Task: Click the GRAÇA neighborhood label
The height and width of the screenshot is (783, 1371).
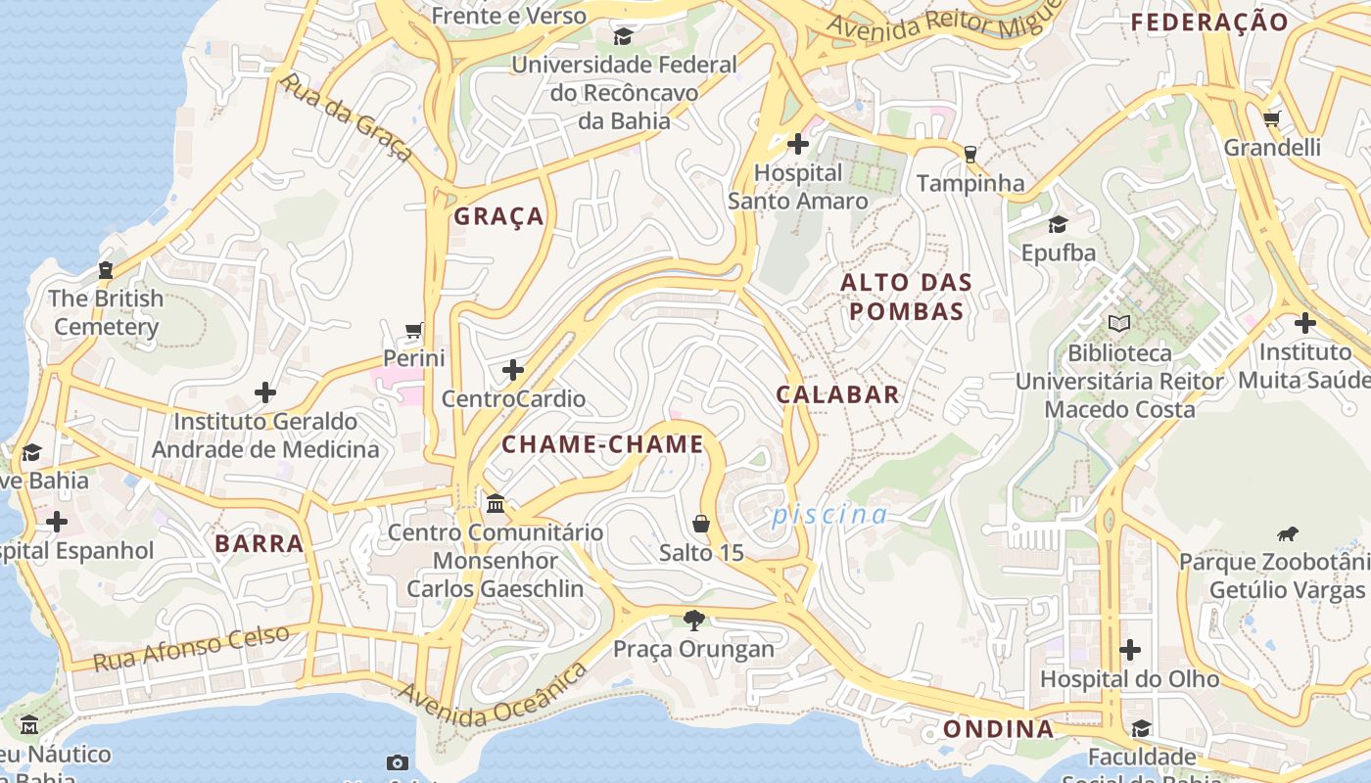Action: point(498,216)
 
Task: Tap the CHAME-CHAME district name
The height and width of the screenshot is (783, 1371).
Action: point(602,444)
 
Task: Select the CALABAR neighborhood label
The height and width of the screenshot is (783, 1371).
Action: point(837,394)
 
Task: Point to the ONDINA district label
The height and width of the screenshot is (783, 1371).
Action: point(998,729)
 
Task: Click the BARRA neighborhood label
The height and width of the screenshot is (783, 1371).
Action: point(259,543)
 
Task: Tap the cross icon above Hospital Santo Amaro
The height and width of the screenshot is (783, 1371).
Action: point(798,145)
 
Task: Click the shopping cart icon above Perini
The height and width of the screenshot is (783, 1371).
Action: point(414,331)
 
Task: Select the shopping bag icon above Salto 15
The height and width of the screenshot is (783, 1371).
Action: point(701,524)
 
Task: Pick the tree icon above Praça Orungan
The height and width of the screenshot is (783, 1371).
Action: point(694,620)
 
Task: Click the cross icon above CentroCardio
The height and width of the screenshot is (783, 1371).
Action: point(513,370)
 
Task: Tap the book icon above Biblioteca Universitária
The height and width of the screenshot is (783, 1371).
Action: point(1118,323)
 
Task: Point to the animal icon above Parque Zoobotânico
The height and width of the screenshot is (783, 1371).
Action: point(1287,533)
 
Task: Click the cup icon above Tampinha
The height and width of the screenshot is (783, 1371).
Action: point(969,155)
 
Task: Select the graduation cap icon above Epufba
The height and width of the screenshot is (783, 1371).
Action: point(1058,224)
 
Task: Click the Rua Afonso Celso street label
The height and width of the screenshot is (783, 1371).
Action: point(191,647)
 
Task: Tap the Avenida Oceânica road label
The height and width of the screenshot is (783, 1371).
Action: point(493,695)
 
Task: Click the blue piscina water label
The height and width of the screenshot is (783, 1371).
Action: point(830,515)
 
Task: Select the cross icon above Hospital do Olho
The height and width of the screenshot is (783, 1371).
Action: point(1130,650)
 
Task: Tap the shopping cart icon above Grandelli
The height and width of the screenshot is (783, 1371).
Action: point(1271,119)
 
